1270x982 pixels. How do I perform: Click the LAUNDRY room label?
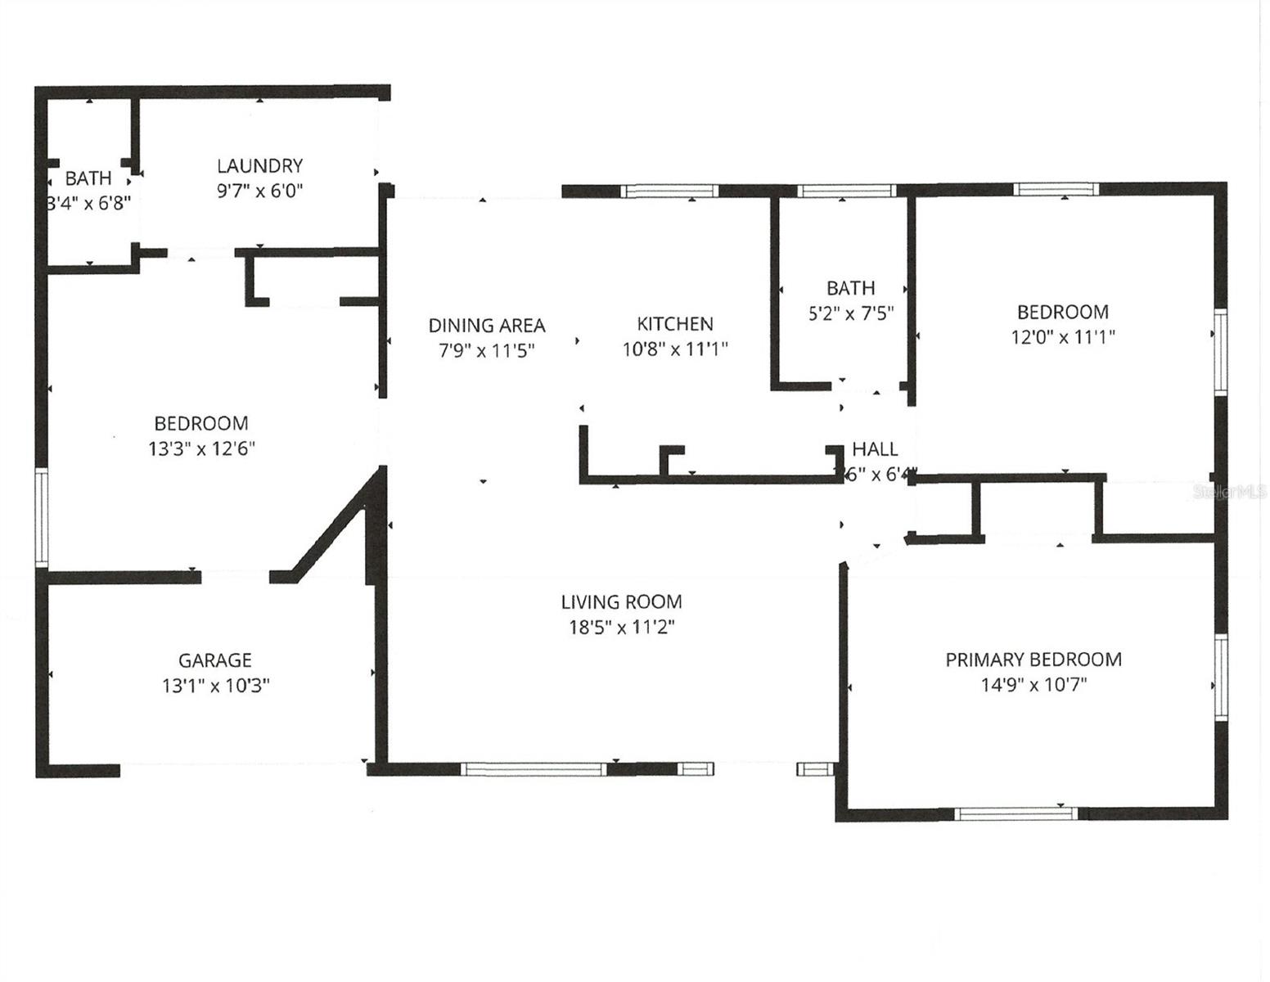[259, 166]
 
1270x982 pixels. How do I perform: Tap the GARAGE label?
[215, 660]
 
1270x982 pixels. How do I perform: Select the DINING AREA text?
[487, 326]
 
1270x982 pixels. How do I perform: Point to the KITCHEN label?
[675, 324]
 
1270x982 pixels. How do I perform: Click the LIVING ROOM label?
[621, 602]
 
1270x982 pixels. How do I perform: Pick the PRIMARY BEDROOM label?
[1034, 660]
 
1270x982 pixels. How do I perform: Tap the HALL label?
[875, 449]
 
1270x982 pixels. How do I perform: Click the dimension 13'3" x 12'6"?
[201, 448]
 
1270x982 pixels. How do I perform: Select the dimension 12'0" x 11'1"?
[1063, 337]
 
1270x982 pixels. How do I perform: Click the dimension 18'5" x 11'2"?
[621, 628]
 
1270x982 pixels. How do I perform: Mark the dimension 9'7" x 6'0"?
[259, 191]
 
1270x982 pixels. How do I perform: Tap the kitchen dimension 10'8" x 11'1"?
[675, 349]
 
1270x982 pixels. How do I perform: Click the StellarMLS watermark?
[1230, 492]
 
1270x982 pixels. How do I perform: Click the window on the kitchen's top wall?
[669, 191]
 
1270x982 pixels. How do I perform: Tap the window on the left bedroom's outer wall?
[42, 517]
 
